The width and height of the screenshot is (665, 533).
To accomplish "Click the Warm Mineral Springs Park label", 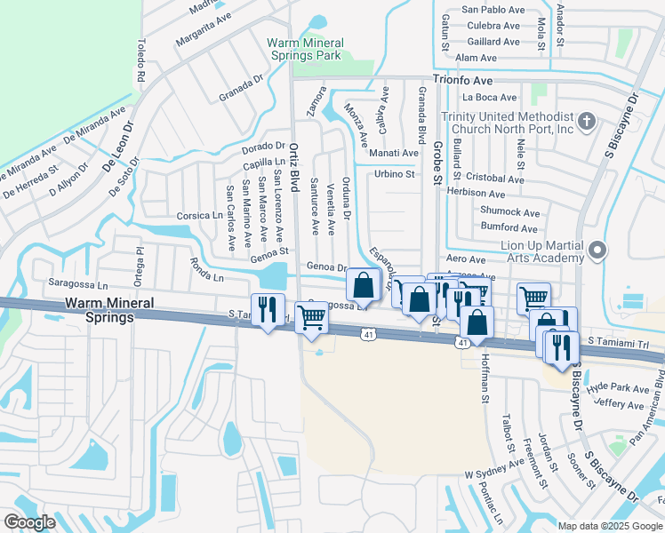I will (304, 49).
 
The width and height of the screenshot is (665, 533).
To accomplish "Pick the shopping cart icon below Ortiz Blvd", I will (311, 317).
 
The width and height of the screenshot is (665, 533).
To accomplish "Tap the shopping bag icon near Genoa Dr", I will (363, 285).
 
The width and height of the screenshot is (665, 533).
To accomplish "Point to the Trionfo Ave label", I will (463, 79).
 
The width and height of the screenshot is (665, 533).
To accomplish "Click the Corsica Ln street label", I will (199, 215).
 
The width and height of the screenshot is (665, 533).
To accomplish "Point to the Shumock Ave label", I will (510, 212).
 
